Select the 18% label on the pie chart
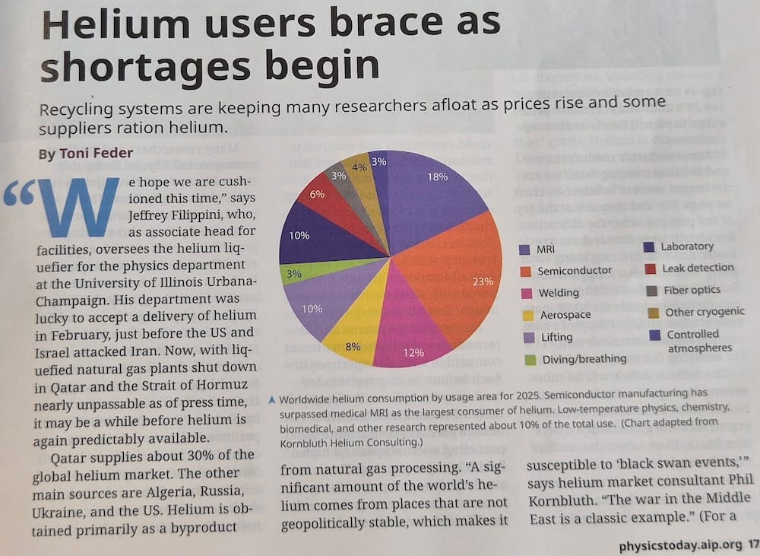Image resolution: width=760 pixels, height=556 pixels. [x=437, y=177]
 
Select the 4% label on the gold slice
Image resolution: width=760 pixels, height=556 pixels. [x=359, y=167]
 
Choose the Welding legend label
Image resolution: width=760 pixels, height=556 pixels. [x=559, y=293]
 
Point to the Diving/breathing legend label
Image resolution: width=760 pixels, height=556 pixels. [x=584, y=359]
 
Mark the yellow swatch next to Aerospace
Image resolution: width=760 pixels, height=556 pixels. [x=528, y=316]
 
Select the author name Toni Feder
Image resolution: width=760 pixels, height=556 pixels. [x=96, y=154]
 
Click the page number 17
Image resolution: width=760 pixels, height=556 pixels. [x=752, y=545]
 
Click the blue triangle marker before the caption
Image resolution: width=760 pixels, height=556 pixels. [x=272, y=400]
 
